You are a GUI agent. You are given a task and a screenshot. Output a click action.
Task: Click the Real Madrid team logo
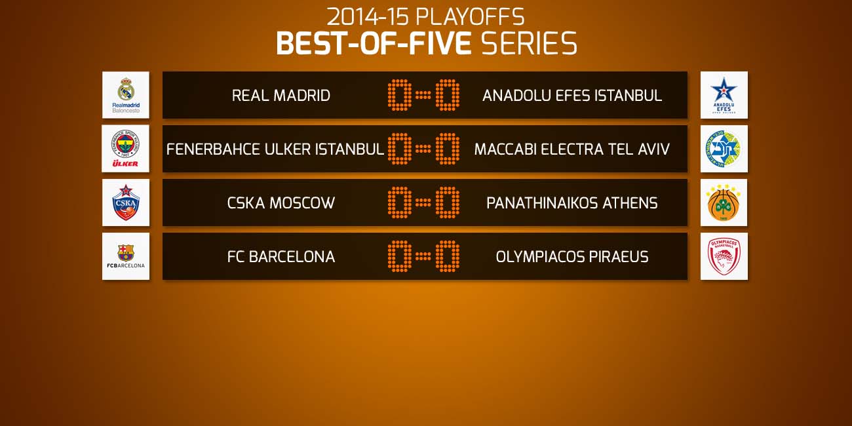[126, 95]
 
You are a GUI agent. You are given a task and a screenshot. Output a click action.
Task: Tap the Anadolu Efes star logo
[724, 95]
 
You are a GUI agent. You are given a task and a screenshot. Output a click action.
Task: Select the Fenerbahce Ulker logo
[125, 149]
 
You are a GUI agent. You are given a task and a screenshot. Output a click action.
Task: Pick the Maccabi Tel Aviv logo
[724, 149]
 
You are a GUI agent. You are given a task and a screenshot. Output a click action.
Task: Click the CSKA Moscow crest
[126, 203]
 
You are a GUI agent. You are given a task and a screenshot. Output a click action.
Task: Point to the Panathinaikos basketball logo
[724, 203]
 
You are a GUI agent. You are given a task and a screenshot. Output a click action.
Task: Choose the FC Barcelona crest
[126, 256]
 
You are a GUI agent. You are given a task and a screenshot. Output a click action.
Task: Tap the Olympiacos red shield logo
[724, 256]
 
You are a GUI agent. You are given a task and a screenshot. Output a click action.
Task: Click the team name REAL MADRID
[281, 96]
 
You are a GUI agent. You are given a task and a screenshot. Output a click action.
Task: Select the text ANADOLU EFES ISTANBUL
[572, 96]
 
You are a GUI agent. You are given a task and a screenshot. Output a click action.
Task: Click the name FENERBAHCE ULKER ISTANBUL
[275, 149]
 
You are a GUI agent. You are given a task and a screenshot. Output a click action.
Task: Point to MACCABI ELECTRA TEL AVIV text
[571, 149]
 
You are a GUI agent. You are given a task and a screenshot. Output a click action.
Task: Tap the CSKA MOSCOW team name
[281, 203]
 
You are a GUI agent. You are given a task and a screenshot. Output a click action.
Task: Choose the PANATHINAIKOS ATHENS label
[571, 203]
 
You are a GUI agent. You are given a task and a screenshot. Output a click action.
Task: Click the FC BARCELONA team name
[281, 257]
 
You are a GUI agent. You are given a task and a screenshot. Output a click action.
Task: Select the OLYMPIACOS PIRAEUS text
[572, 257]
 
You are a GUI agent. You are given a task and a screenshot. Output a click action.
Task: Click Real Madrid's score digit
[400, 95]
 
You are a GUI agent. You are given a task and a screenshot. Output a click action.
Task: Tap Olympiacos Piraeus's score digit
[448, 256]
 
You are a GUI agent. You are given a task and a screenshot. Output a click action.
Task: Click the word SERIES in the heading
[529, 43]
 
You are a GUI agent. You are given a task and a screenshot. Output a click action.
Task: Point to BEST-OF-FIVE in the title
[374, 43]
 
